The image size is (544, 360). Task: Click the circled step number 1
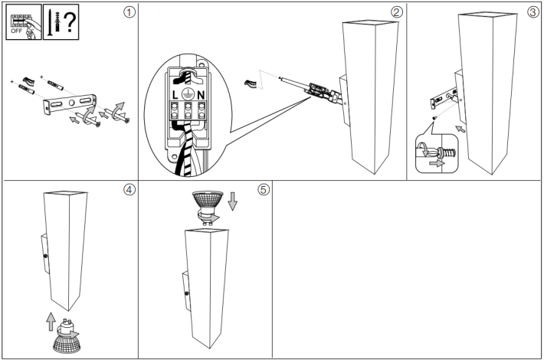129,14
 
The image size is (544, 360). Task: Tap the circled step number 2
395,12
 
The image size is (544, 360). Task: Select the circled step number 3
533,13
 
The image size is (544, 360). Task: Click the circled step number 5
264,190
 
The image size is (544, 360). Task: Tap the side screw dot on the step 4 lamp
46,256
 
